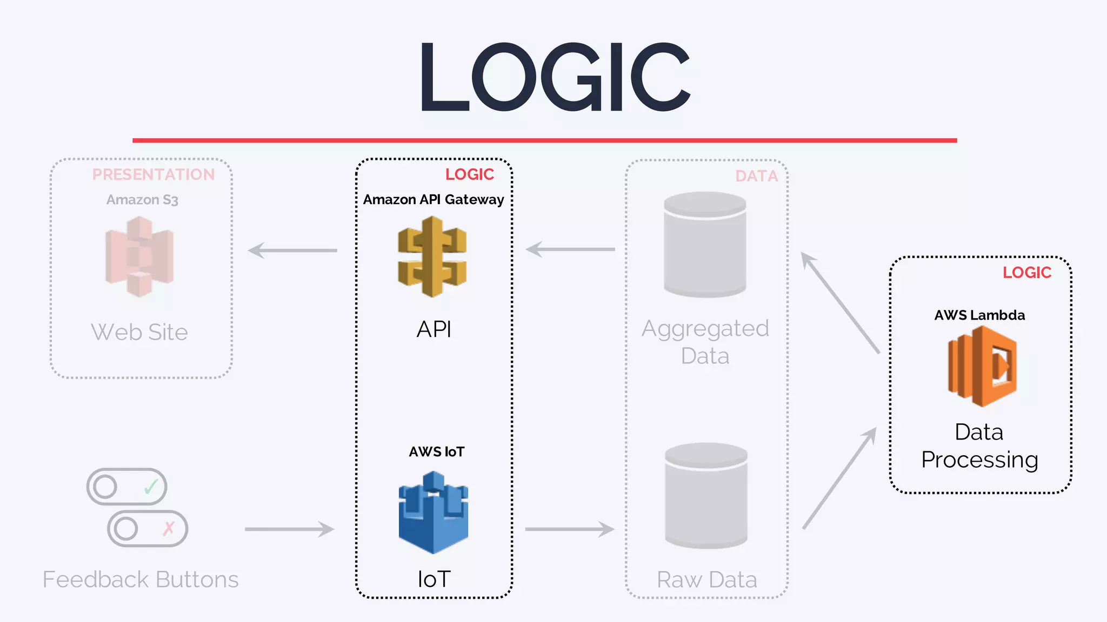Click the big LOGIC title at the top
click(555, 77)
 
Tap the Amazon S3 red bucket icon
click(139, 256)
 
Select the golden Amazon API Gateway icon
click(432, 256)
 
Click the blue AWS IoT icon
click(433, 512)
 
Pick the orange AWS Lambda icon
click(982, 366)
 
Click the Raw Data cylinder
click(706, 496)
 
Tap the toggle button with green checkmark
click(127, 486)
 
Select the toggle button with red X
click(148, 529)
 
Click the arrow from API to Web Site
click(292, 251)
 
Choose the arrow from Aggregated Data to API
click(570, 249)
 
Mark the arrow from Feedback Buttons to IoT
click(290, 529)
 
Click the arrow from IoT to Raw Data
click(570, 529)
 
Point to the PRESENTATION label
click(154, 174)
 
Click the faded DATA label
click(756, 176)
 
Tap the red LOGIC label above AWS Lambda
click(1026, 273)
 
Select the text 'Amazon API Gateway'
click(434, 200)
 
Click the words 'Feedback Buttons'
click(141, 579)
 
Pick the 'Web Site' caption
click(139, 332)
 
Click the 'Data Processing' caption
click(979, 446)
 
